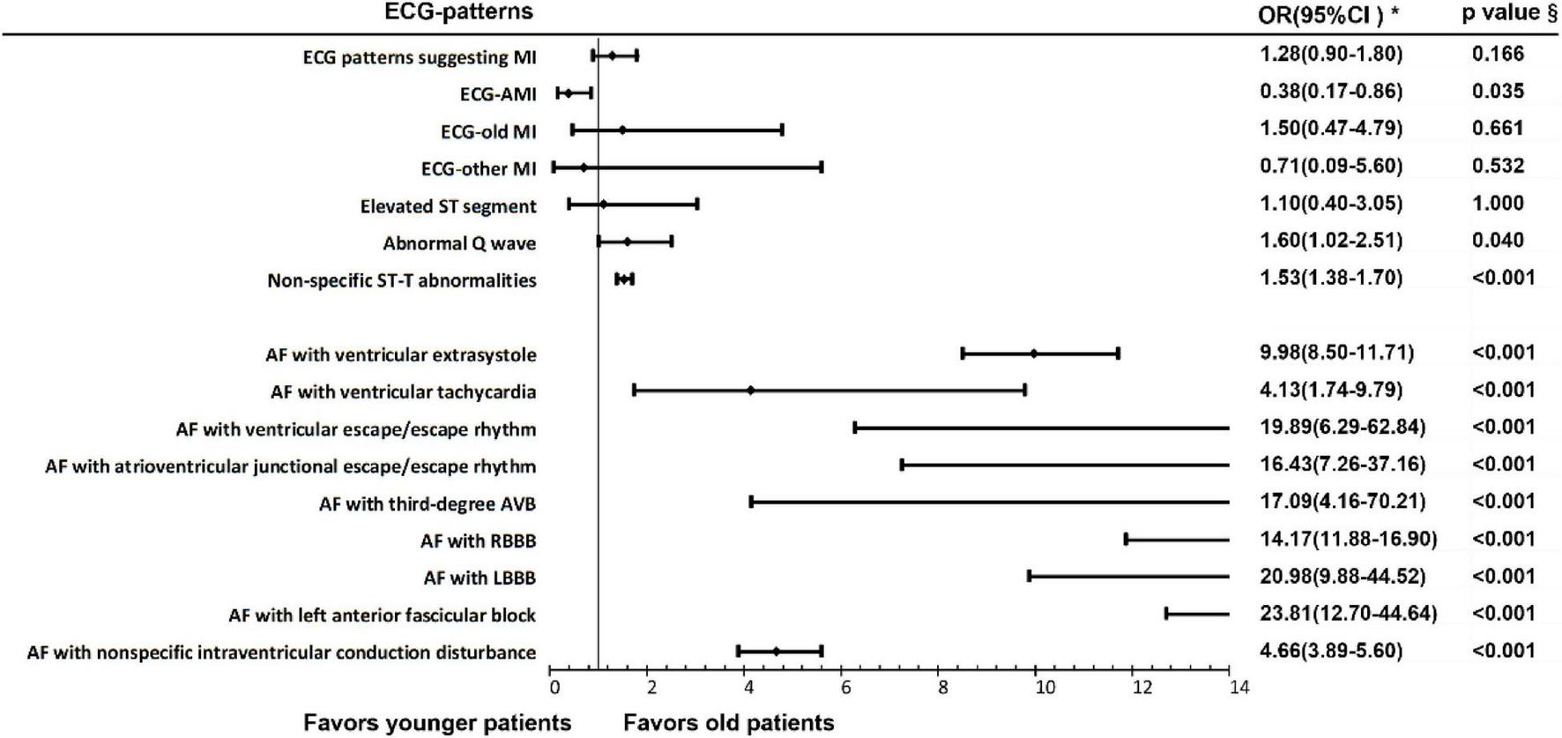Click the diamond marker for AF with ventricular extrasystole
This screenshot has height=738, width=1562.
click(x=1034, y=354)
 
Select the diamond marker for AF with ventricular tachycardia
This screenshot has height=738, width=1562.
click(x=750, y=390)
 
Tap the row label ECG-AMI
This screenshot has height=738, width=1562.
click(x=498, y=94)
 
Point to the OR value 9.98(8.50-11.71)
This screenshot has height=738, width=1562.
click(x=1336, y=353)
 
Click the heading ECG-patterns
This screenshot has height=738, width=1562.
click(x=458, y=11)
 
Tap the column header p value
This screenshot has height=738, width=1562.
click(x=1508, y=13)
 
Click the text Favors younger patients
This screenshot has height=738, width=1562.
click(x=437, y=723)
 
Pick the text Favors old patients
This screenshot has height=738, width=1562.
click(x=728, y=723)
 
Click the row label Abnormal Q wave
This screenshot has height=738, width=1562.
click(x=459, y=243)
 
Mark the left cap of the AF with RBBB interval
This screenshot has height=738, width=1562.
click(x=1127, y=539)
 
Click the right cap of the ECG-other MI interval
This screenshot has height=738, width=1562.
click(x=822, y=167)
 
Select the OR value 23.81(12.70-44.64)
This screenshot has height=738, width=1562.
click(x=1348, y=613)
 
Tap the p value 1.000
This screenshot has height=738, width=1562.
click(x=1497, y=203)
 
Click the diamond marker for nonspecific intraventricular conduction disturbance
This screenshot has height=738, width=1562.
click(x=776, y=652)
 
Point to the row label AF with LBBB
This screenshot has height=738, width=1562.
click(x=480, y=578)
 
